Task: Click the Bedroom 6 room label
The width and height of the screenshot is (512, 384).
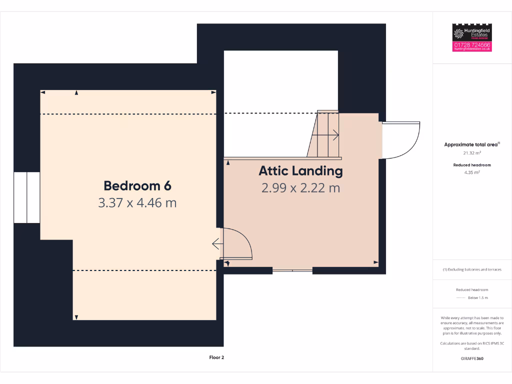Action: [x=137, y=185]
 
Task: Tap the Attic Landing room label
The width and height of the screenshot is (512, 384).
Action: [x=300, y=171]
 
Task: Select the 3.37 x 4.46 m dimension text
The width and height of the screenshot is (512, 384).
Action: [x=137, y=203]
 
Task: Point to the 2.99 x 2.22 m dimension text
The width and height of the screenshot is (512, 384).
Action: [x=300, y=188]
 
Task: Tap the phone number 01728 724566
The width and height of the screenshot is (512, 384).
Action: [x=472, y=45]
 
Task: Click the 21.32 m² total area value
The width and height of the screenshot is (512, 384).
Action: [x=472, y=153]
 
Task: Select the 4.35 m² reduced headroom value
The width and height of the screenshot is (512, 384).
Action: [x=472, y=172]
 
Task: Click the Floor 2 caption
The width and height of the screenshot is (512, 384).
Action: [x=217, y=357]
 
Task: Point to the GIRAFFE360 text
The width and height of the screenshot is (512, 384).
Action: [x=472, y=358]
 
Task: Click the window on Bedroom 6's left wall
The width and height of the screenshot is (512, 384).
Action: [x=26, y=198]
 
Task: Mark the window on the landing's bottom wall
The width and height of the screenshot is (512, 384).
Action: [x=292, y=270]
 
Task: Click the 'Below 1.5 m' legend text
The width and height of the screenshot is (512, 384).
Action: [x=477, y=298]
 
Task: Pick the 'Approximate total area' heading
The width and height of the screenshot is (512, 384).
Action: [x=471, y=144]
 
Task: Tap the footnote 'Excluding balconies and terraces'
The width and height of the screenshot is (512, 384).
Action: [x=472, y=269]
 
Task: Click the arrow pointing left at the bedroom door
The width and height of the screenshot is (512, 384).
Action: [x=217, y=244]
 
